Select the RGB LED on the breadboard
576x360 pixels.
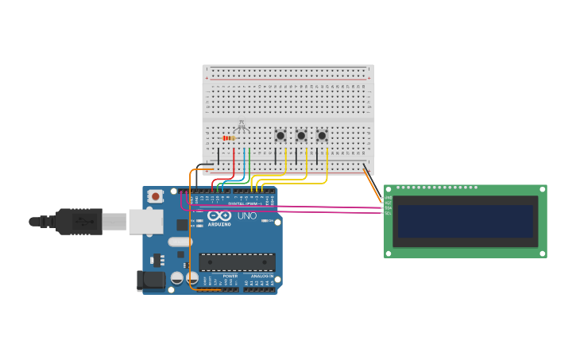[242, 126]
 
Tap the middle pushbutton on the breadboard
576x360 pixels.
[301, 136]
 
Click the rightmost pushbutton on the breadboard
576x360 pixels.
[322, 136]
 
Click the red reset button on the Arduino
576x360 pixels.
[155, 196]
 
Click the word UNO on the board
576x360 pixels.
[247, 216]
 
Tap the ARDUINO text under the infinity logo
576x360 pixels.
[219, 225]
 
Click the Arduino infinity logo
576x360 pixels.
[219, 215]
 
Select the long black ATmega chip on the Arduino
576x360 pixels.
[238, 262]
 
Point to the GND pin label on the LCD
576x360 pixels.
[389, 198]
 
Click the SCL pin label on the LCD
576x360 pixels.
[389, 213]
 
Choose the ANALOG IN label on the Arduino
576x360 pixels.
[261, 276]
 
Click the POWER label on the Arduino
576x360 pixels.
[230, 276]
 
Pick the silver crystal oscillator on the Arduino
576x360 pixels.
[180, 242]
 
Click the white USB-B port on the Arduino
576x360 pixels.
[145, 222]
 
